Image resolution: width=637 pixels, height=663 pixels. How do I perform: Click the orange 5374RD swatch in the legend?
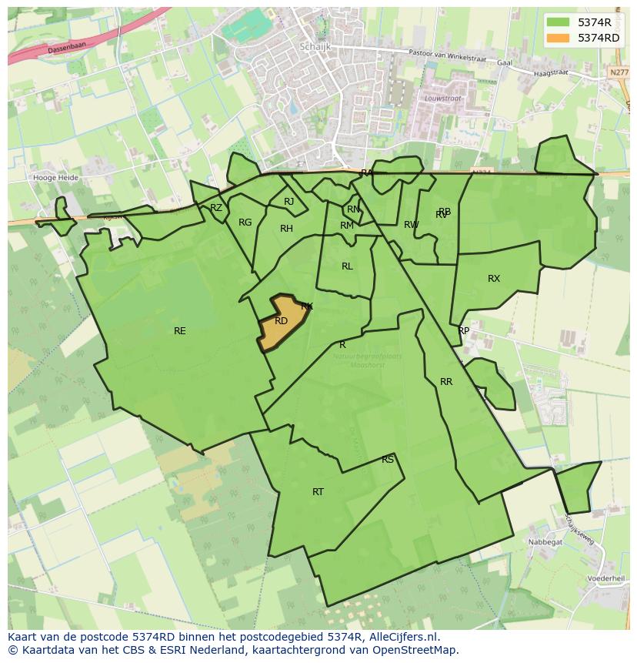point(559,38)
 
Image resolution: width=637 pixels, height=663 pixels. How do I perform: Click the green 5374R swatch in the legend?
point(559,22)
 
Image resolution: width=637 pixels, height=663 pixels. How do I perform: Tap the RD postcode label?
point(281,321)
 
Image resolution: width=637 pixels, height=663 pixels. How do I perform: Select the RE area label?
point(179,331)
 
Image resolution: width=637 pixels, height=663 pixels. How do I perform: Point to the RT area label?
point(318,491)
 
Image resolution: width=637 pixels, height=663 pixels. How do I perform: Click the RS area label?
point(388,460)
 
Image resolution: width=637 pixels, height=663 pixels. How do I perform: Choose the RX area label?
point(494,279)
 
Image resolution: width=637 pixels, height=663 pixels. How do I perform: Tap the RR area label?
point(446,382)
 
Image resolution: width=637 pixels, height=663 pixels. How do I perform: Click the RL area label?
point(347,266)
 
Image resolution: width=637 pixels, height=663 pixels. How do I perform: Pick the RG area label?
point(245,223)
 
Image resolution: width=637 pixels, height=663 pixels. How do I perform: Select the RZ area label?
point(216,208)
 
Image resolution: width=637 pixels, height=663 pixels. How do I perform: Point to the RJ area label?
point(288,202)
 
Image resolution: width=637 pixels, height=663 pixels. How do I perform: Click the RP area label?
point(463,331)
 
